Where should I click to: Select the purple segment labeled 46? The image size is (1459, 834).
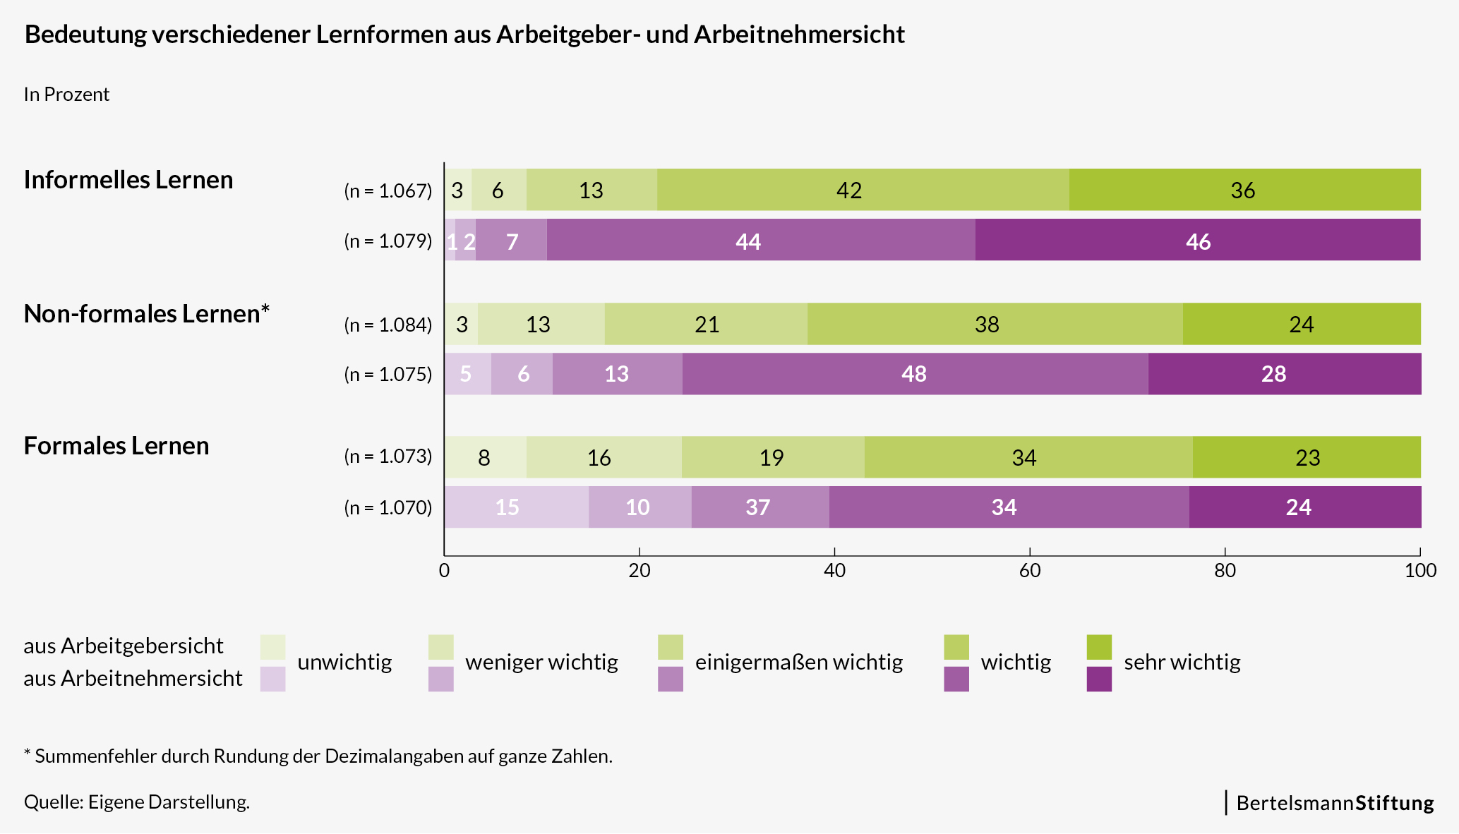coord(1198,241)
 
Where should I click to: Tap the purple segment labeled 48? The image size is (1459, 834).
coord(914,374)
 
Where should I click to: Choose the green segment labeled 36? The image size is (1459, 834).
coord(1244,190)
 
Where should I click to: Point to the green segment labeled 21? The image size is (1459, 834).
coord(706,325)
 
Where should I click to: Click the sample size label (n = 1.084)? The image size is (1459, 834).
coord(388,325)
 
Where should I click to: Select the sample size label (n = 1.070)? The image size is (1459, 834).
coord(388,507)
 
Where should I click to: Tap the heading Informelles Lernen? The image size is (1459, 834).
coord(128,180)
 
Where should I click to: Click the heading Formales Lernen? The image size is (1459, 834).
coord(116,446)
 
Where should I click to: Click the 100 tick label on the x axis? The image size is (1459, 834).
coord(1420,570)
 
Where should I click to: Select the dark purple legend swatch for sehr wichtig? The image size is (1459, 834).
coord(1099,679)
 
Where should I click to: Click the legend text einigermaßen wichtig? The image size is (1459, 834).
coord(798,662)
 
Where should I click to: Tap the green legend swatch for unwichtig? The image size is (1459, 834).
coord(272,647)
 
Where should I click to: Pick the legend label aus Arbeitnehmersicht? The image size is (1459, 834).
coord(133,678)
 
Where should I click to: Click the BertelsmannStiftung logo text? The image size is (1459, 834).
coord(1335,803)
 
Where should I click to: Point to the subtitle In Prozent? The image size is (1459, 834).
coord(66,95)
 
